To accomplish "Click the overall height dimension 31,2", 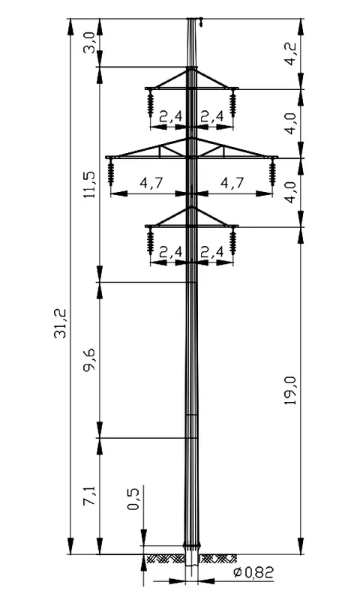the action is pyautogui.click(x=60, y=323).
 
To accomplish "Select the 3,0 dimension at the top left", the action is pyautogui.click(x=89, y=43).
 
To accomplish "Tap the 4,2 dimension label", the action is pyautogui.click(x=291, y=54).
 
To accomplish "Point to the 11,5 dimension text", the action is pyautogui.click(x=90, y=184).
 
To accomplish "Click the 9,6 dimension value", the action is pyautogui.click(x=90, y=360).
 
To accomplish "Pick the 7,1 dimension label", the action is pyautogui.click(x=90, y=496).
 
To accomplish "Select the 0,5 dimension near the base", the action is pyautogui.click(x=133, y=499).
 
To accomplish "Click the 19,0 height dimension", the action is pyautogui.click(x=291, y=391).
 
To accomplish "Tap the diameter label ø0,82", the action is pyautogui.click(x=254, y=573).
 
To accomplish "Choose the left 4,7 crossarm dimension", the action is pyautogui.click(x=151, y=182).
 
